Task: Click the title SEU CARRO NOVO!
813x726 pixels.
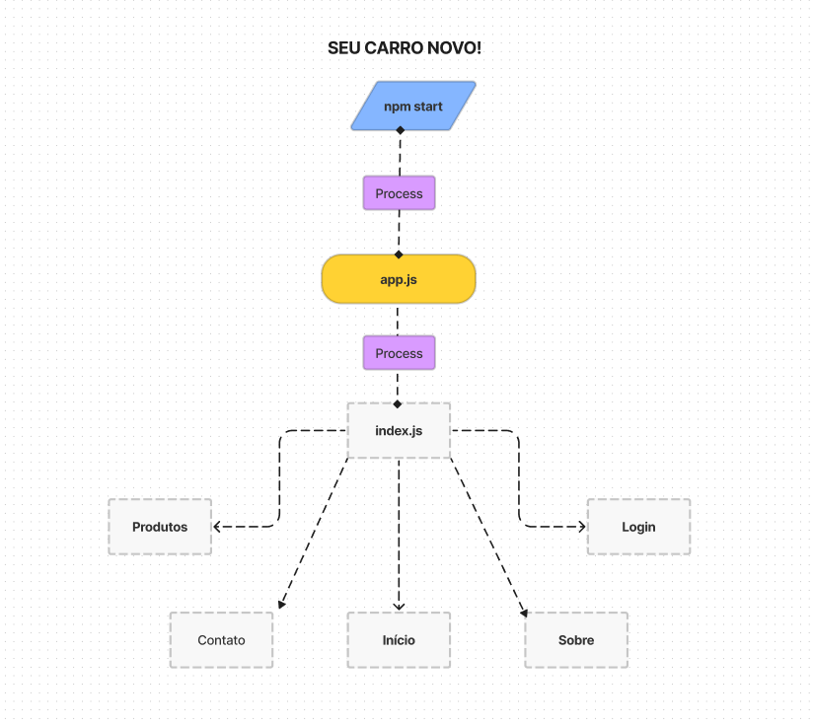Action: point(405,48)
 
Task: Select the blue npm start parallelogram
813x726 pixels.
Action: point(413,106)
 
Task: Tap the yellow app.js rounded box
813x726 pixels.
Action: point(399,279)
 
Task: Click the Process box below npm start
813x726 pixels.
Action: point(399,193)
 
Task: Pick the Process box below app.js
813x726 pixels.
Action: point(399,353)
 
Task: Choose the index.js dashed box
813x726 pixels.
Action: point(399,430)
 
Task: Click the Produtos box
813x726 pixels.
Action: point(160,527)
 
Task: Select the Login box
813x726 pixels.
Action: point(638,527)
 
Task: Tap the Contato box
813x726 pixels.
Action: point(221,640)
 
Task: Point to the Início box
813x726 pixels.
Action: point(399,640)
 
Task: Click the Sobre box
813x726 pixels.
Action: point(576,640)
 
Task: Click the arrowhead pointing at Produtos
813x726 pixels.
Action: point(217,527)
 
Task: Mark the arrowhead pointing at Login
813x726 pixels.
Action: point(582,527)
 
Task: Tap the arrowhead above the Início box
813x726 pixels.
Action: point(399,607)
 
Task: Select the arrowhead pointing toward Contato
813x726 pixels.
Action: point(282,605)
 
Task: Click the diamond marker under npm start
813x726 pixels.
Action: point(400,130)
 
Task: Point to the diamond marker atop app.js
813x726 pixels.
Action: point(399,254)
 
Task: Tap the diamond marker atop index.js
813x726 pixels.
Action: point(398,403)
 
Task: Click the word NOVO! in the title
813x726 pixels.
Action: point(458,48)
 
